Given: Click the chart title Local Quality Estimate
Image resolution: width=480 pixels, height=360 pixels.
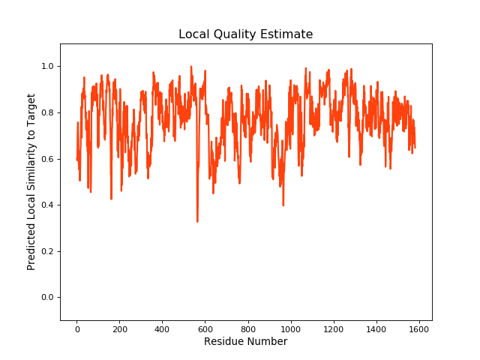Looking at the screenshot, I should pyautogui.click(x=245, y=34).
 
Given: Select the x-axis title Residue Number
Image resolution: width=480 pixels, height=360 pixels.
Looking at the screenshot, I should pyautogui.click(x=245, y=342).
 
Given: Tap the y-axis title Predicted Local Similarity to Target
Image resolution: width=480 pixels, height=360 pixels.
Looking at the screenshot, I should pyautogui.click(x=31, y=182).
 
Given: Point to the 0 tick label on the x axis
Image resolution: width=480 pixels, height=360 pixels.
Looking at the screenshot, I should pyautogui.click(x=76, y=328).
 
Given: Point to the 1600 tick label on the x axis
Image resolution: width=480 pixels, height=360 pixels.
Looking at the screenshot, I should pyautogui.click(x=418, y=328).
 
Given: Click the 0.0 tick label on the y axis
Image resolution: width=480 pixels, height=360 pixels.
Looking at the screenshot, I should pyautogui.click(x=47, y=298).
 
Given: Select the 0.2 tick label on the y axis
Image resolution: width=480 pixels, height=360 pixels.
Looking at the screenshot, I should pyautogui.click(x=47, y=251).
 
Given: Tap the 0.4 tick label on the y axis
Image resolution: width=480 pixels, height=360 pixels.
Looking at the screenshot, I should pyautogui.click(x=47, y=205).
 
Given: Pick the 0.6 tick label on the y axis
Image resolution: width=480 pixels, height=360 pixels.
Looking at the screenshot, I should pyautogui.click(x=47, y=159).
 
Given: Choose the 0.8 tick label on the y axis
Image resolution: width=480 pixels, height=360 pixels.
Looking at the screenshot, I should pyautogui.click(x=47, y=113).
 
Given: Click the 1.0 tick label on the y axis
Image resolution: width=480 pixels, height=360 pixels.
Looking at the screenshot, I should pyautogui.click(x=47, y=67).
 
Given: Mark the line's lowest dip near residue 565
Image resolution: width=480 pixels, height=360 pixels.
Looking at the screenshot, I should pyautogui.click(x=197, y=221).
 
